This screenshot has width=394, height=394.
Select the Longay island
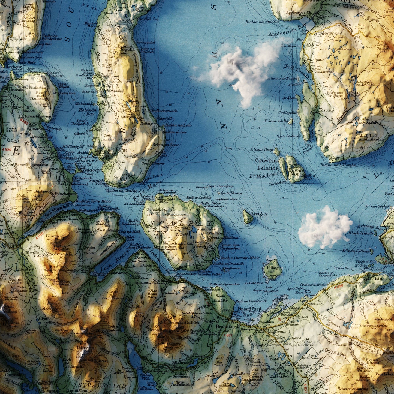point(248,217)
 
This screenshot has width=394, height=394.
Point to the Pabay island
point(271,269)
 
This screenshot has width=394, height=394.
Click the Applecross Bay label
point(288,30)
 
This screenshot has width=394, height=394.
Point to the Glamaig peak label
point(55,236)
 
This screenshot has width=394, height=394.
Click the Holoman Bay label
point(87,112)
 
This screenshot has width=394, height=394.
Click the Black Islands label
point(360,233)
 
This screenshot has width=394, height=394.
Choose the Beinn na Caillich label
point(180,322)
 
